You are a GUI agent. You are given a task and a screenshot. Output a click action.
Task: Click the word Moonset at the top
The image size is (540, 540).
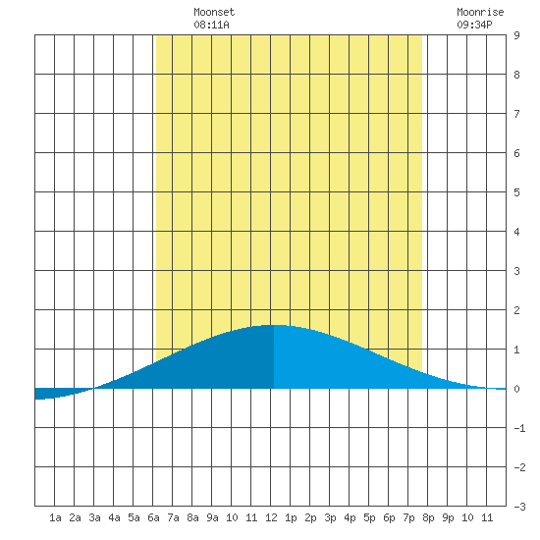pos(214,12)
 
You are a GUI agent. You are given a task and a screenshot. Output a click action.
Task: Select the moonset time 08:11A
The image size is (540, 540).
pos(211,25)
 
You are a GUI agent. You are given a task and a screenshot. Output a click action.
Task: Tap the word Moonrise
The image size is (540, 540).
pos(480,12)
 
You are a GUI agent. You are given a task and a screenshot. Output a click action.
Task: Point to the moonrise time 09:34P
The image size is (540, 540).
pos(474,25)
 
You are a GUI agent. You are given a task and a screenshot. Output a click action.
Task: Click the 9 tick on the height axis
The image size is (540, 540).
pos(516,35)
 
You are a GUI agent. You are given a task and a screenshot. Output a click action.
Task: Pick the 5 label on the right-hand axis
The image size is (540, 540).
pos(516,192)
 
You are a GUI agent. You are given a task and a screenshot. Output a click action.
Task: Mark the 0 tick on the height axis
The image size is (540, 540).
pos(516,389)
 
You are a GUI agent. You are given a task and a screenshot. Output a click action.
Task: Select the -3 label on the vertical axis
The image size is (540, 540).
pos(519,507)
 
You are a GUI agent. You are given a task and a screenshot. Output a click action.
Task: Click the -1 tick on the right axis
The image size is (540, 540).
pos(519,428)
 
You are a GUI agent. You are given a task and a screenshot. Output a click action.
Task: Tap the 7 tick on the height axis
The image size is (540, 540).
pos(516,114)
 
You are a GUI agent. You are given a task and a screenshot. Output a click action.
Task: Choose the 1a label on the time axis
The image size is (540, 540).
pos(55,517)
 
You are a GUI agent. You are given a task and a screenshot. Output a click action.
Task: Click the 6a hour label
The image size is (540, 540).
pos(153,517)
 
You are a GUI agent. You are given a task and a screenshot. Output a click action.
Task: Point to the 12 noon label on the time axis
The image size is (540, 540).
pos(271,517)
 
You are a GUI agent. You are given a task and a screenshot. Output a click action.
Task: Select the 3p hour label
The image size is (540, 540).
pos(330,517)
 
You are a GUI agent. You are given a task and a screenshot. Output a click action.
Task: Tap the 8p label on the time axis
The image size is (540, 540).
pos(428,517)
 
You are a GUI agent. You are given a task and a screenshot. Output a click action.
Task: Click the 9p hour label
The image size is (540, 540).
pos(448,517)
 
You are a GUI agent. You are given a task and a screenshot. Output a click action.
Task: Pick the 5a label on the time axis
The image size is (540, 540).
pos(134,517)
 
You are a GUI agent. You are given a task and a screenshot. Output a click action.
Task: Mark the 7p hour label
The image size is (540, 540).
pos(408,517)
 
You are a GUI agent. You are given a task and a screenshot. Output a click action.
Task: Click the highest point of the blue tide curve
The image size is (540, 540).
pos(275,325)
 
